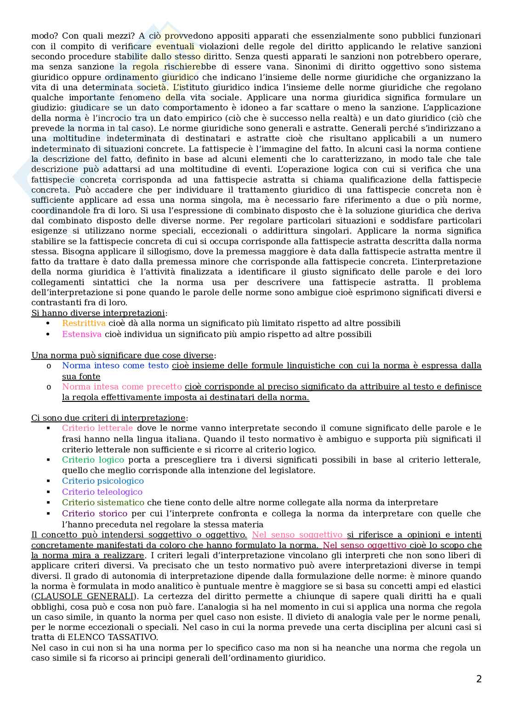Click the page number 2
479,679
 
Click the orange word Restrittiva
84,323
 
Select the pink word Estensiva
82,334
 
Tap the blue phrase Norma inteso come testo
115,366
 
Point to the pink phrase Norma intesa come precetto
122,387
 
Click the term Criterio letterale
97,428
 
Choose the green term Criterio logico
93,460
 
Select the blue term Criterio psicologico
103,481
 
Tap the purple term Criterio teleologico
102,492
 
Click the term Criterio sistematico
103,503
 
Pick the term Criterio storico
95,513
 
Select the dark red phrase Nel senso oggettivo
365,545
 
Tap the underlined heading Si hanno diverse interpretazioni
98,313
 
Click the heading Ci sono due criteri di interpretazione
108,418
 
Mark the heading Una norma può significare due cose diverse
122,355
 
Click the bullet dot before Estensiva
48,334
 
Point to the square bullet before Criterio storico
48,513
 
